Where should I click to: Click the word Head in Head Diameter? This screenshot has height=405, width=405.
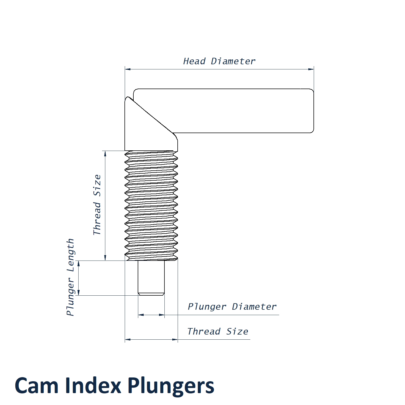(194, 61)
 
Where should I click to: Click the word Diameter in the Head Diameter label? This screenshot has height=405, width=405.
(233, 61)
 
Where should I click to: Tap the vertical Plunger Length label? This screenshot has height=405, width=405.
(70, 277)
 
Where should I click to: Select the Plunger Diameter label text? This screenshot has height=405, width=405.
(232, 307)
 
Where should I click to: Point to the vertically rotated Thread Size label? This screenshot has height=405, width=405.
(97, 205)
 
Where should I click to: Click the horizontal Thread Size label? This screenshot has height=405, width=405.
(218, 331)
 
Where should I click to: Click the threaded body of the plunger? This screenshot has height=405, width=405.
(151, 205)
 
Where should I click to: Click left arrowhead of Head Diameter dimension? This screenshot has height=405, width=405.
(128, 69)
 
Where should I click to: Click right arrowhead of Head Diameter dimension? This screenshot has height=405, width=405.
(311, 69)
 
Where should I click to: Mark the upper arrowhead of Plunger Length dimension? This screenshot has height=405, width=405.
(79, 264)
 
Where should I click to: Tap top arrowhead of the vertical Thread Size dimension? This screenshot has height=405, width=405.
(105, 154)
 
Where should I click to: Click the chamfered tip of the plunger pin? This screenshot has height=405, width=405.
(151, 294)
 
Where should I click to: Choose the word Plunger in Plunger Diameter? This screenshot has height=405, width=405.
(207, 307)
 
